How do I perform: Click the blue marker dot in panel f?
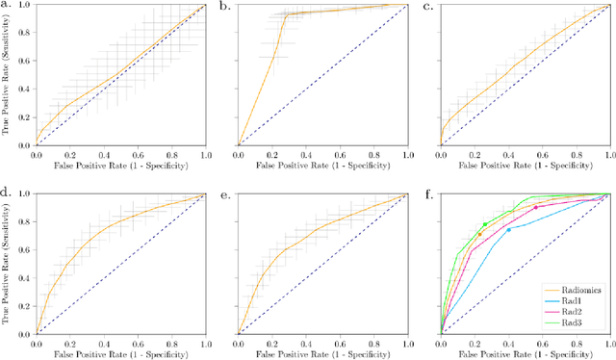[508, 229]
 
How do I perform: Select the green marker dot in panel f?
[484, 225]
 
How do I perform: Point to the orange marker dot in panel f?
[479, 234]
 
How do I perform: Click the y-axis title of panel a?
[8, 75]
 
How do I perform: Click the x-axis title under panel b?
[321, 167]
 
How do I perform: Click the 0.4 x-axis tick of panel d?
[104, 343]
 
